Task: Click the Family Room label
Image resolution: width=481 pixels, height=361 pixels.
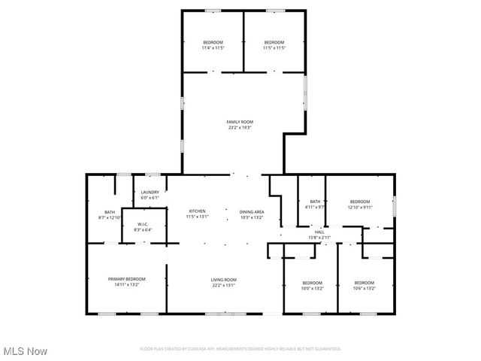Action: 240,121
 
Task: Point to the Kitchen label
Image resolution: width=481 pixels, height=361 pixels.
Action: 197,211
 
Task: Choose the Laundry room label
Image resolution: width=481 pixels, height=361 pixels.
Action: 150,193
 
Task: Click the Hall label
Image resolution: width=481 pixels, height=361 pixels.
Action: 319,232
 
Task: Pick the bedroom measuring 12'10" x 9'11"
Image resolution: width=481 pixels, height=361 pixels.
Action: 360,204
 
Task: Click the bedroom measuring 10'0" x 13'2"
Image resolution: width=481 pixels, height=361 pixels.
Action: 312,285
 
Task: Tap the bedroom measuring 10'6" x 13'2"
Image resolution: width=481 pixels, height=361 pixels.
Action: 365,285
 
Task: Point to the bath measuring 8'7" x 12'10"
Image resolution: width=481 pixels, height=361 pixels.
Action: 110,215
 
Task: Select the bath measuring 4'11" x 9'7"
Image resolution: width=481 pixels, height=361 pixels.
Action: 315,204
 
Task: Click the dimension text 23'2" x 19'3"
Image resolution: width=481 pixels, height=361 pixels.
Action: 240,128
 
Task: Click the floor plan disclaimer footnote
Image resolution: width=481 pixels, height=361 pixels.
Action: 240,349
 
